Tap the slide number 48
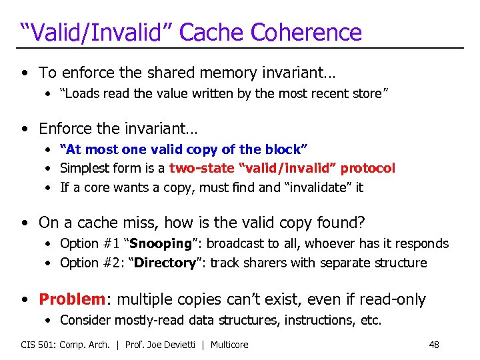pos(434,345)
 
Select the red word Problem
pos(71,299)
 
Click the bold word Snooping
pos(160,243)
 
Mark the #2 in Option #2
pos(113,263)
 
